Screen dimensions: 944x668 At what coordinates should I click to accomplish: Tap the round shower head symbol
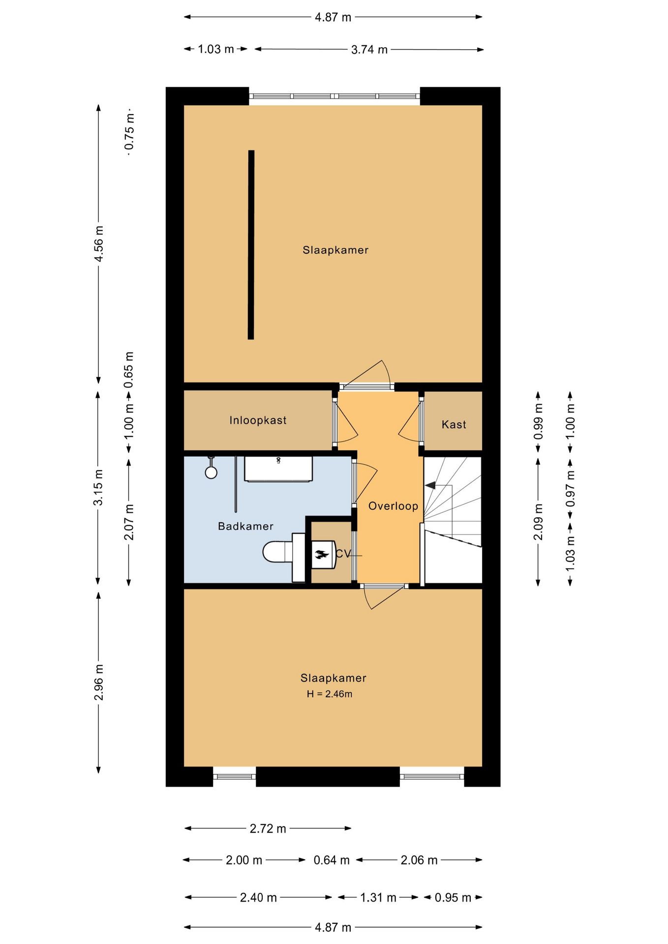tap(211, 472)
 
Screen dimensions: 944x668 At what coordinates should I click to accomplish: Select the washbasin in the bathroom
tap(278, 469)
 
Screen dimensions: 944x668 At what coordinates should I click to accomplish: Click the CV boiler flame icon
tap(322, 555)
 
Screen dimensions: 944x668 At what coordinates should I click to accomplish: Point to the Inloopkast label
tap(258, 420)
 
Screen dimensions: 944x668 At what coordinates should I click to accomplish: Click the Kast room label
tap(454, 425)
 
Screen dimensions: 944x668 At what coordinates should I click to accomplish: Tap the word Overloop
tap(393, 506)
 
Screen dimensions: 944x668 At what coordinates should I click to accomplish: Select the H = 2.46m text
tap(329, 694)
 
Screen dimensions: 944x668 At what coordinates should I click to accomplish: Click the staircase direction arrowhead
tap(430, 486)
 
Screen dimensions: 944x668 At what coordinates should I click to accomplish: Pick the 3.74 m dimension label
tap(369, 50)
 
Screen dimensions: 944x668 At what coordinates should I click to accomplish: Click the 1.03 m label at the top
tap(215, 49)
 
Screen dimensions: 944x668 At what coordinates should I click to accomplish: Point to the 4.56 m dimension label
tap(99, 244)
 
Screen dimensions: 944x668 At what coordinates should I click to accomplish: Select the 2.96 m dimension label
tap(99, 682)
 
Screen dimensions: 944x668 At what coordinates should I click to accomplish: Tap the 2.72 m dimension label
tap(268, 828)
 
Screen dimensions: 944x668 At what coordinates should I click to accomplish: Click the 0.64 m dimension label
tap(331, 860)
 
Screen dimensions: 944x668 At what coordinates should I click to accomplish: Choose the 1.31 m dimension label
tap(378, 897)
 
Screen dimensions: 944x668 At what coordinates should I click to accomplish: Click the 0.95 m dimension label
tap(453, 897)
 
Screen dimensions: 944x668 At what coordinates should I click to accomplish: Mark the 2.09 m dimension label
tap(538, 522)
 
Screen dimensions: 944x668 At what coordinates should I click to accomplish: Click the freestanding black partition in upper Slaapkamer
tap(251, 245)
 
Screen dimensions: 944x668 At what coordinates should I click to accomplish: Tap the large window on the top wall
tap(334, 96)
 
